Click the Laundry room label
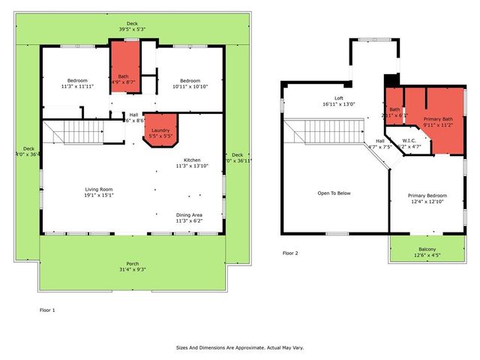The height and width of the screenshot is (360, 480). click(x=159, y=131)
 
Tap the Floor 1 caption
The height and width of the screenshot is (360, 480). click(x=47, y=309)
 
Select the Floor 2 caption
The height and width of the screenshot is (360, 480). click(x=290, y=253)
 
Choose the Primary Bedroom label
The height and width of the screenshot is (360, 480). click(x=426, y=198)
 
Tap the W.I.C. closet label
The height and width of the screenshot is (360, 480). click(x=409, y=142)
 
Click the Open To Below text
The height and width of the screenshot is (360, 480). click(x=334, y=192)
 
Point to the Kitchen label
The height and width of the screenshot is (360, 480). click(x=193, y=161)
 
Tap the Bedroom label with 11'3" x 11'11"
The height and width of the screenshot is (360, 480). click(x=76, y=83)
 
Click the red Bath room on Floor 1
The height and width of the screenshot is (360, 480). click(x=124, y=67)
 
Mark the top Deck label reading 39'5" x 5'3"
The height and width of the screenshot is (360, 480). click(x=132, y=25)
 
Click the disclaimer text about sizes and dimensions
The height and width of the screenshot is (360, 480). click(x=240, y=347)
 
